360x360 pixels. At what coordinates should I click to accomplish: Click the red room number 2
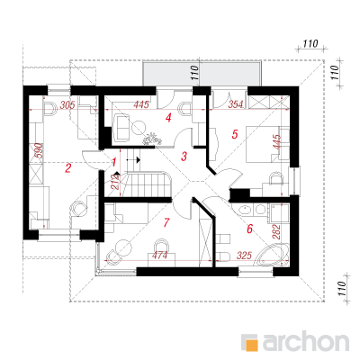(68, 168)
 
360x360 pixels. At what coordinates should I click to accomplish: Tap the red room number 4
(168, 118)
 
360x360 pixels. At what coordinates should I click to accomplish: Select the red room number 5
(235, 134)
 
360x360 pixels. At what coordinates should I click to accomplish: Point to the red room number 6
(249, 229)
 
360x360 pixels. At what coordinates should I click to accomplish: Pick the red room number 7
(166, 222)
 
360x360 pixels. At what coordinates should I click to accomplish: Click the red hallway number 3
(184, 157)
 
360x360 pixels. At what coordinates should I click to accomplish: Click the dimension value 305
(67, 105)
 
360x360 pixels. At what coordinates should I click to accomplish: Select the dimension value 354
(236, 104)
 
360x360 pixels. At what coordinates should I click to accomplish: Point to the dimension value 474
(159, 256)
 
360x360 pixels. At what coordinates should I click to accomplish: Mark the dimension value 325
(244, 256)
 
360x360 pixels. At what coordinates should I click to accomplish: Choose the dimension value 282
(276, 231)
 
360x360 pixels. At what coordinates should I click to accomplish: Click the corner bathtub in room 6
(272, 256)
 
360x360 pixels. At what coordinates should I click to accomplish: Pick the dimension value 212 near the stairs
(115, 182)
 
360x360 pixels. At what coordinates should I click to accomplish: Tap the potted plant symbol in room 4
(152, 139)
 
